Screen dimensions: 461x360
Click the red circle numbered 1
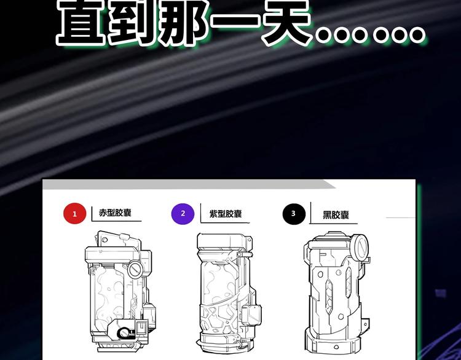tap(74, 213)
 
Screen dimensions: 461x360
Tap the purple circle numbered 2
tap(183, 214)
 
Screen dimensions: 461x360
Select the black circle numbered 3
tap(294, 214)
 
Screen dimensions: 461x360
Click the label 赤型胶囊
tap(115, 213)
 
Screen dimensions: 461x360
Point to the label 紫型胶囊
tap(226, 214)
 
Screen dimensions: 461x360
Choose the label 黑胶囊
tap(336, 215)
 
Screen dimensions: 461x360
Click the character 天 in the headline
tap(286, 22)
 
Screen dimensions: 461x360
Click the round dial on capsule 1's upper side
tap(135, 268)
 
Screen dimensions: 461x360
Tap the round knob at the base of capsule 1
tap(123, 333)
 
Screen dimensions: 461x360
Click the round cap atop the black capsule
tap(360, 245)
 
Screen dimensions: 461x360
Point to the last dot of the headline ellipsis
tap(417, 34)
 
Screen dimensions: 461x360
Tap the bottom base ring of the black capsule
tap(332, 341)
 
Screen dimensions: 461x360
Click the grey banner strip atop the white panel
tap(189, 184)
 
